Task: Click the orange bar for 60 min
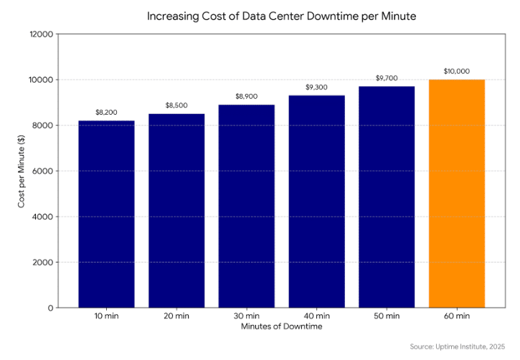point(456,194)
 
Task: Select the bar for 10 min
point(106,214)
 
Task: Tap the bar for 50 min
point(387,197)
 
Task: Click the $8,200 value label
point(106,113)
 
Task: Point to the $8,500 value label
point(176,106)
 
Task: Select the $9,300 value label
point(316,87)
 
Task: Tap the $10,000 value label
point(456,72)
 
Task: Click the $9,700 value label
point(387,79)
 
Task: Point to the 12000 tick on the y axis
point(42,34)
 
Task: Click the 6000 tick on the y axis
point(44,171)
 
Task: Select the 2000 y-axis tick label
point(44,262)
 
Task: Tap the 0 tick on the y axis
point(50,308)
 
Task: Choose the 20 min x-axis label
point(176,316)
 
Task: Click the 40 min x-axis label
point(316,316)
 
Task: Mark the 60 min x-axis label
point(456,316)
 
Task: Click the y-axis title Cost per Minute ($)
point(22,171)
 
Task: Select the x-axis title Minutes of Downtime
point(281,327)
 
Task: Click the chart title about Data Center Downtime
point(281,15)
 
